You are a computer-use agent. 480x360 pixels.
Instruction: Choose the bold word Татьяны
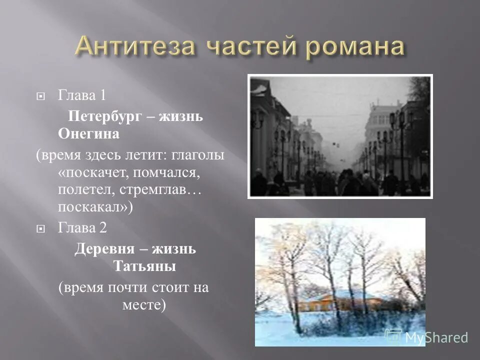point(144,266)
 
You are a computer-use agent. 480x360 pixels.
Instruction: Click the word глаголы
point(199,154)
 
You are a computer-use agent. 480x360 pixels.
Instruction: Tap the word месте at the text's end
point(143,304)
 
